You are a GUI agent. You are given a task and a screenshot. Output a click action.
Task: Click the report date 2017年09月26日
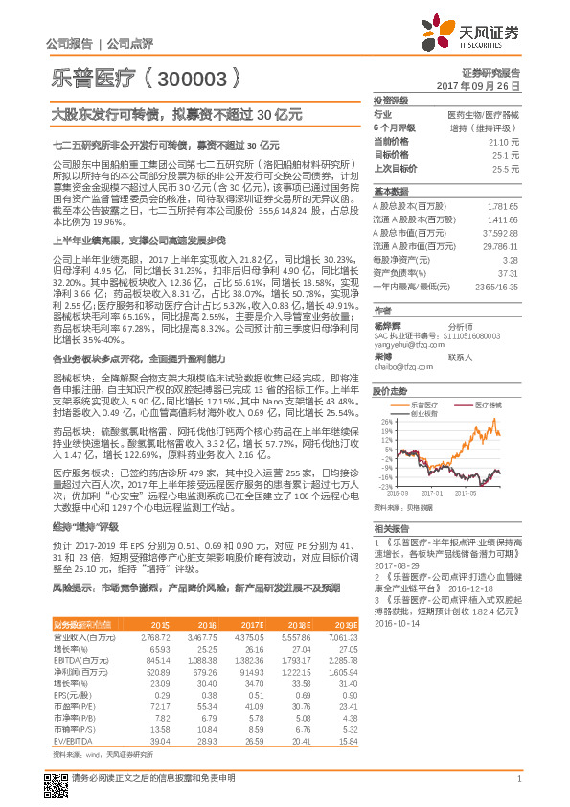point(484,85)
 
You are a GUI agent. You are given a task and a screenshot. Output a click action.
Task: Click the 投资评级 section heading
point(391,100)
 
